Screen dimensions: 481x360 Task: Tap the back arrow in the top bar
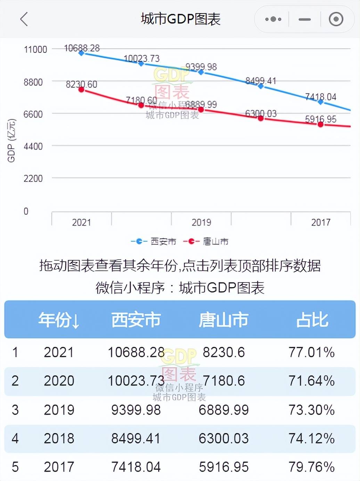(x=24, y=19)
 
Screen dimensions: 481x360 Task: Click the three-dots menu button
(x=273, y=19)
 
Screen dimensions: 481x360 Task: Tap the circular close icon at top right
(x=336, y=19)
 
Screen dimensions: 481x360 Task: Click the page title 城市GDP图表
(x=180, y=19)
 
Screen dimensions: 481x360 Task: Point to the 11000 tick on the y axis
(x=35, y=49)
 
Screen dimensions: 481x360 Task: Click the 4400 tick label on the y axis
(x=33, y=146)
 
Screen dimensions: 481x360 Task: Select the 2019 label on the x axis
(x=201, y=222)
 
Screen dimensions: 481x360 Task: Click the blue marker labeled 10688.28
(x=81, y=53)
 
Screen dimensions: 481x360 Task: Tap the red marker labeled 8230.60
(x=81, y=90)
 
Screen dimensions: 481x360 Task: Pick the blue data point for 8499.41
(x=261, y=86)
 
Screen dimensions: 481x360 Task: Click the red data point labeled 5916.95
(x=320, y=124)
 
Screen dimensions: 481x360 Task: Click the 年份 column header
(x=59, y=320)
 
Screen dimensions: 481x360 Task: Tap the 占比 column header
(x=312, y=320)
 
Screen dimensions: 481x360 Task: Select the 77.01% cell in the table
(x=311, y=352)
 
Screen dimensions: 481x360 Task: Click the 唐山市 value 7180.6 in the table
(x=223, y=381)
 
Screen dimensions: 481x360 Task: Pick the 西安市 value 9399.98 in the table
(x=136, y=410)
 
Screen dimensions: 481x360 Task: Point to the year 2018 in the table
(x=59, y=439)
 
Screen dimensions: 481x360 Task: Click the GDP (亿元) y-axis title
(x=11, y=140)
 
